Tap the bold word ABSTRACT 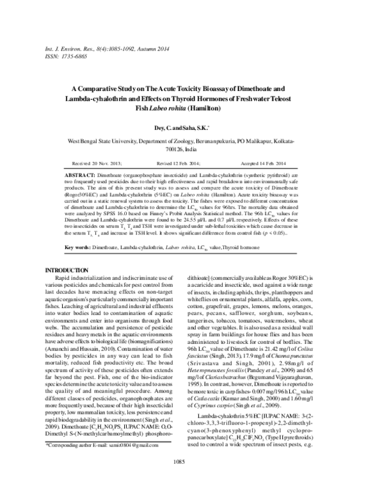pyautogui.click(x=81, y=174)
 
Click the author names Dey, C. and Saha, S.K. pyautogui.click(x=190, y=127)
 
